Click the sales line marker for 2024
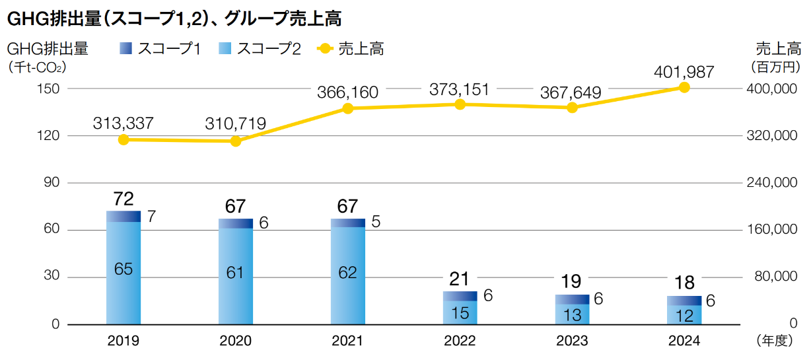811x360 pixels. point(684,87)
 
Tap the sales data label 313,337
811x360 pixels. point(123,123)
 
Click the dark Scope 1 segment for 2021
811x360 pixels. point(348,223)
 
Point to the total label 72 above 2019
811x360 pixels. point(123,198)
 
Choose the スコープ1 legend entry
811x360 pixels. point(160,48)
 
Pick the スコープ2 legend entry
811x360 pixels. point(259,48)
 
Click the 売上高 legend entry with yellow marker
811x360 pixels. point(351,48)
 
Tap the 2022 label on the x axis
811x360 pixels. point(460,341)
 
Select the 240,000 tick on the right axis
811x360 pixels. point(770,183)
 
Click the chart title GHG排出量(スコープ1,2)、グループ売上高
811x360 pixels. point(174,19)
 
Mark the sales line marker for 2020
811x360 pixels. point(236,141)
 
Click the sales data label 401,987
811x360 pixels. point(684,71)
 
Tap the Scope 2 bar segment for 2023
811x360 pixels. point(573,314)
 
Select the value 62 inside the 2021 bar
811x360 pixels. point(348,272)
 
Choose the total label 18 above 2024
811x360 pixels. point(685,283)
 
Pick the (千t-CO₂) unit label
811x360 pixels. point(38,67)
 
